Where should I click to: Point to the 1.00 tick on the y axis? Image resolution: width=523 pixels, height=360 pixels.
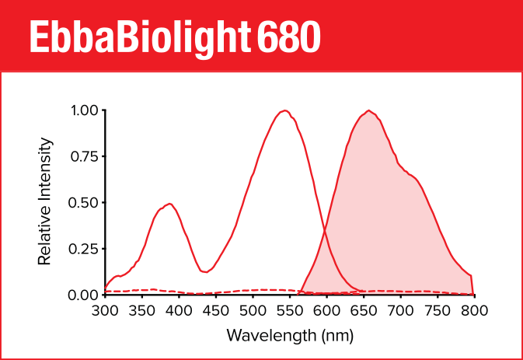[x=84, y=110]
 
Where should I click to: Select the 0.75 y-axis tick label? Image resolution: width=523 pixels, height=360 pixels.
[x=84, y=156]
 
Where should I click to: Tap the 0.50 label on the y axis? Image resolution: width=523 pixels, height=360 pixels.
[x=84, y=202]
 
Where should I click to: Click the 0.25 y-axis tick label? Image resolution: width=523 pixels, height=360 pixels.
[x=84, y=249]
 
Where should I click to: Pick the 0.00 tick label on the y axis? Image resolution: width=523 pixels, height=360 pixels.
[x=84, y=295]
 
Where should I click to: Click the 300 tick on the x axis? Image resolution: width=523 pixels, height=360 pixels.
[x=106, y=311]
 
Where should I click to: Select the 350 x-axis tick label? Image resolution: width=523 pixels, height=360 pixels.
[x=142, y=311]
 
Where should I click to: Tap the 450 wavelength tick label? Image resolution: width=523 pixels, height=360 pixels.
[x=216, y=311]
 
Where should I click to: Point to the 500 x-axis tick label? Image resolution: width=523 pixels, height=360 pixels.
[x=253, y=311]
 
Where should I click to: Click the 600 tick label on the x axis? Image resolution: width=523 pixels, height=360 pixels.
[x=326, y=311]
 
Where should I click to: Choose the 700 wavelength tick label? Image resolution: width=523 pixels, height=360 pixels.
[x=400, y=311]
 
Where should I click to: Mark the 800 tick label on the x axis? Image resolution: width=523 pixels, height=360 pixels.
[x=474, y=311]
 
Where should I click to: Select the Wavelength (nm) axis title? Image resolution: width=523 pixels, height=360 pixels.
[x=290, y=336]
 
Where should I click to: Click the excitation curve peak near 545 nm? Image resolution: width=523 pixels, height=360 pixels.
[x=285, y=110]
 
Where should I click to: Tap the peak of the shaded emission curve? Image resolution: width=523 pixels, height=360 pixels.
[x=368, y=110]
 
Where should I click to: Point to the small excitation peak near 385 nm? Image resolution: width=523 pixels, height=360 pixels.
[x=169, y=204]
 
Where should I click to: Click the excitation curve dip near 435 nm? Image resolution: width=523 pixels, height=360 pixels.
[x=206, y=272]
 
